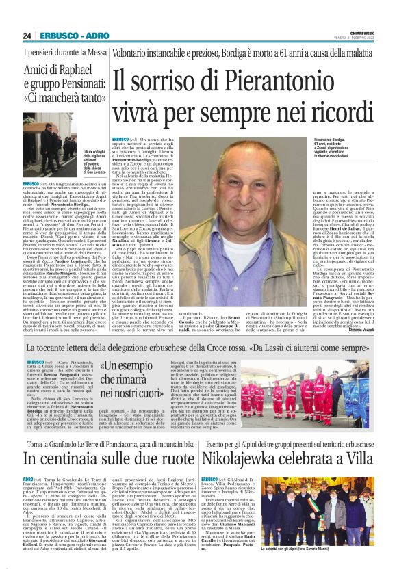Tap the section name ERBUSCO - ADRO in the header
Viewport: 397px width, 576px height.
(x=64, y=35)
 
